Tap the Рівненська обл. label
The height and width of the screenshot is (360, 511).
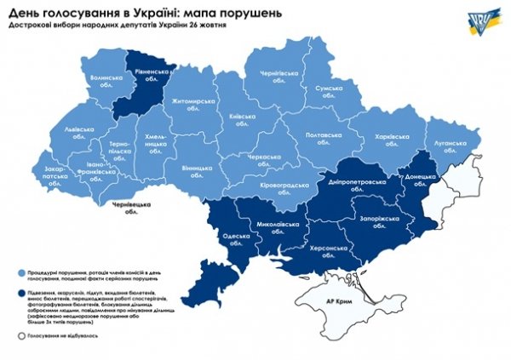(150, 77)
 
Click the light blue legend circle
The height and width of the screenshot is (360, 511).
(20, 273)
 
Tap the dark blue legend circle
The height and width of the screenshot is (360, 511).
(20, 294)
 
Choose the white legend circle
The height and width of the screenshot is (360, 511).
(20, 336)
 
